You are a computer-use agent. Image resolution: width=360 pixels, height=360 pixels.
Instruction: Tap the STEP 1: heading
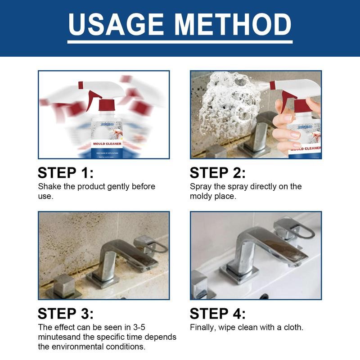coord(66,173)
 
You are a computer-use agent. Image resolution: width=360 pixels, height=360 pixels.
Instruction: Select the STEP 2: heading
coord(218,173)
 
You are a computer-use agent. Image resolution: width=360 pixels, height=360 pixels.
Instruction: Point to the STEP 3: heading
coord(66,314)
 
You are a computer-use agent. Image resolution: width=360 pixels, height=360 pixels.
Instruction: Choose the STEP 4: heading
coord(218,314)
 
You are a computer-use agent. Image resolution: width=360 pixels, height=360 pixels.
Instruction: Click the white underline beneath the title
coord(180,42)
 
